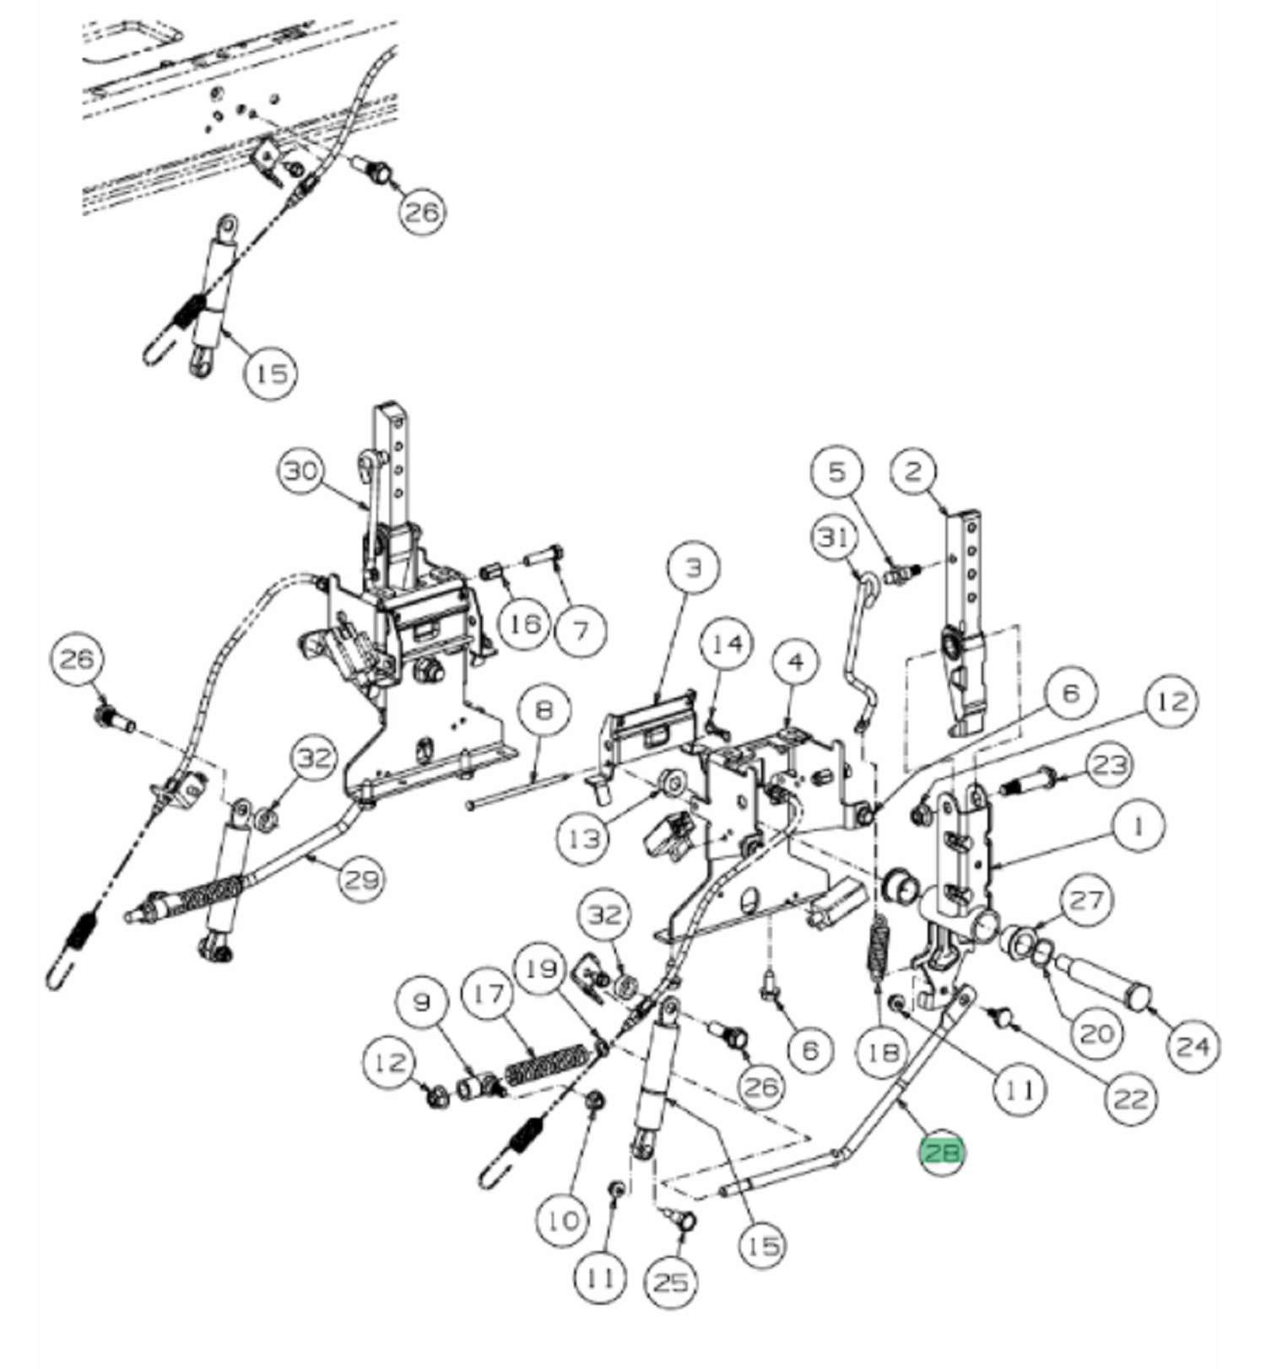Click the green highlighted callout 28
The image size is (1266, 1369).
(942, 1151)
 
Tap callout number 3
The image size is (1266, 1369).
(692, 568)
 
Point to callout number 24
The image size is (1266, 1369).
(1193, 1046)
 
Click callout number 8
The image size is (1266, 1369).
(544, 709)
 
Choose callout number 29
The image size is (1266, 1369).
(362, 880)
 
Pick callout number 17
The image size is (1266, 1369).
(489, 995)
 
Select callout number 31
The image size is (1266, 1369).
(834, 536)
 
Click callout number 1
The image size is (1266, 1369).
(1138, 826)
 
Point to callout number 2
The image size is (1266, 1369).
(913, 471)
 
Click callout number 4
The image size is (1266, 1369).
(796, 663)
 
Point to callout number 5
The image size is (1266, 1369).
(836, 471)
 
